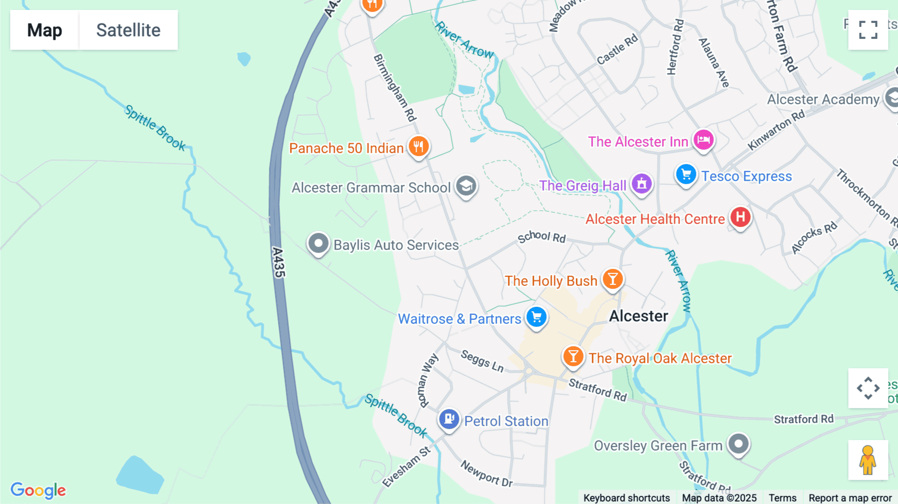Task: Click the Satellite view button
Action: pos(128,30)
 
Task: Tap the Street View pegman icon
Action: pos(868,460)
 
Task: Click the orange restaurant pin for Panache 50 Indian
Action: pos(419,147)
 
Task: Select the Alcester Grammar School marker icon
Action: pos(466,186)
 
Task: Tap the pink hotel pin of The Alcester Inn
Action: pos(703,140)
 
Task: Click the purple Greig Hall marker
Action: pos(642,184)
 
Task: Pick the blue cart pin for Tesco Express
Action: pos(686,175)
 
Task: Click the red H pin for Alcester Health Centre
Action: pos(740,217)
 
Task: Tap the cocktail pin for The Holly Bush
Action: pos(613,279)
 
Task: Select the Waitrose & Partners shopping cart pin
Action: pos(537,317)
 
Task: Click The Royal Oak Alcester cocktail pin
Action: pos(573,357)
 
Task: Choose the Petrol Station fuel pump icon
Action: pos(449,419)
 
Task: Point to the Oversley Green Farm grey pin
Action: pos(738,443)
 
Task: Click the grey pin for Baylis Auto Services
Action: pos(318,244)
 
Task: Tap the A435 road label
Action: pos(278,262)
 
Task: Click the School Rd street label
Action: pos(541,237)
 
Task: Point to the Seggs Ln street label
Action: pos(482,361)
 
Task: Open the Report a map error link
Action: pos(850,498)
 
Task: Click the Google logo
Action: pos(38,490)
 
